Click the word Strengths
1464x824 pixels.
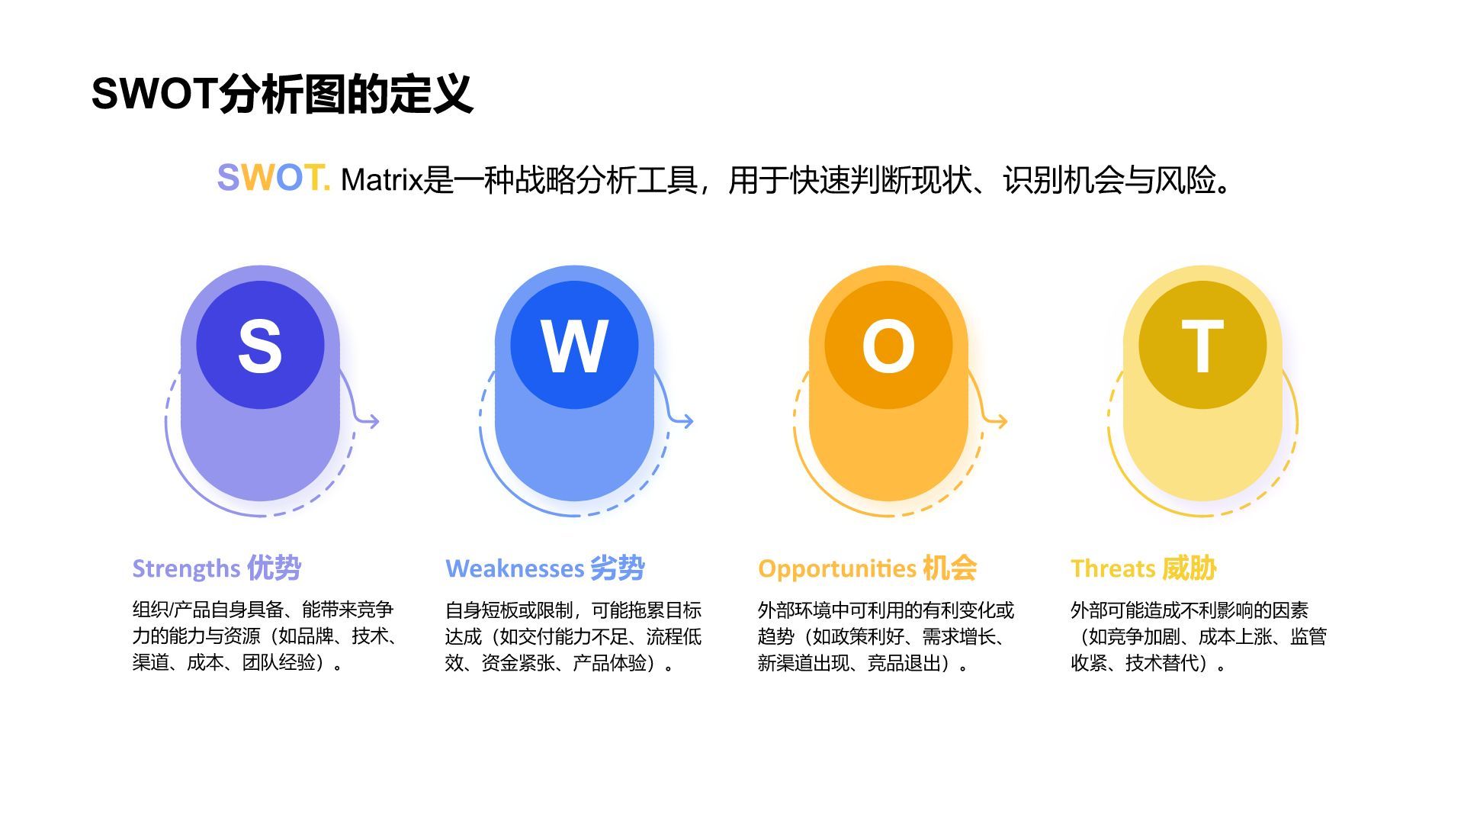point(186,569)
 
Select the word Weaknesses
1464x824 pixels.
point(515,569)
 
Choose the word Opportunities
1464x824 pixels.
point(836,569)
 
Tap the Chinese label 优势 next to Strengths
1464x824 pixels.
point(274,568)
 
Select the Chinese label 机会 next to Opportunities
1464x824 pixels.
point(949,568)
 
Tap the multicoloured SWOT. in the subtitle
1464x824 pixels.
point(273,179)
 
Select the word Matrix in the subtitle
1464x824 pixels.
point(381,180)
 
